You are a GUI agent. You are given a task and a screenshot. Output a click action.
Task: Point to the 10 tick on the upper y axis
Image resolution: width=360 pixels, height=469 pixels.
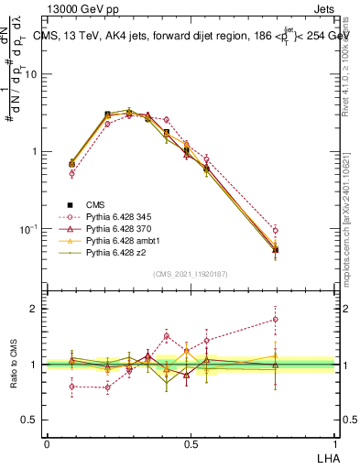click(36, 74)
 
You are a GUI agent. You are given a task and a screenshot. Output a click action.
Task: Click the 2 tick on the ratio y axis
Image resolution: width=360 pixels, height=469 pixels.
click(38, 309)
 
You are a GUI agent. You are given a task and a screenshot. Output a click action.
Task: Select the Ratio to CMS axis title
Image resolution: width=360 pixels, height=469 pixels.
click(14, 364)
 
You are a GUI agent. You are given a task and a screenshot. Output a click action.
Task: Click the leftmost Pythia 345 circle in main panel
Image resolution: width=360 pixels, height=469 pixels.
click(72, 173)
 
